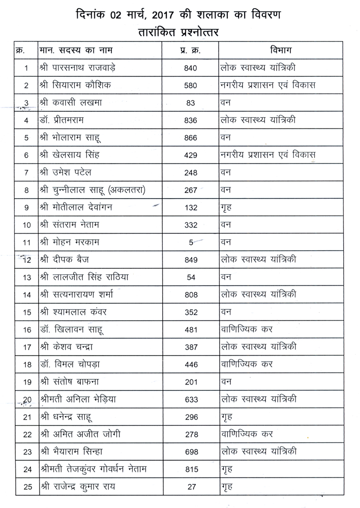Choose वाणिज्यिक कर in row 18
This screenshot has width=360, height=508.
pos(247,365)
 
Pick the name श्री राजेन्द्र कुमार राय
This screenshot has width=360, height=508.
pos(84,487)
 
